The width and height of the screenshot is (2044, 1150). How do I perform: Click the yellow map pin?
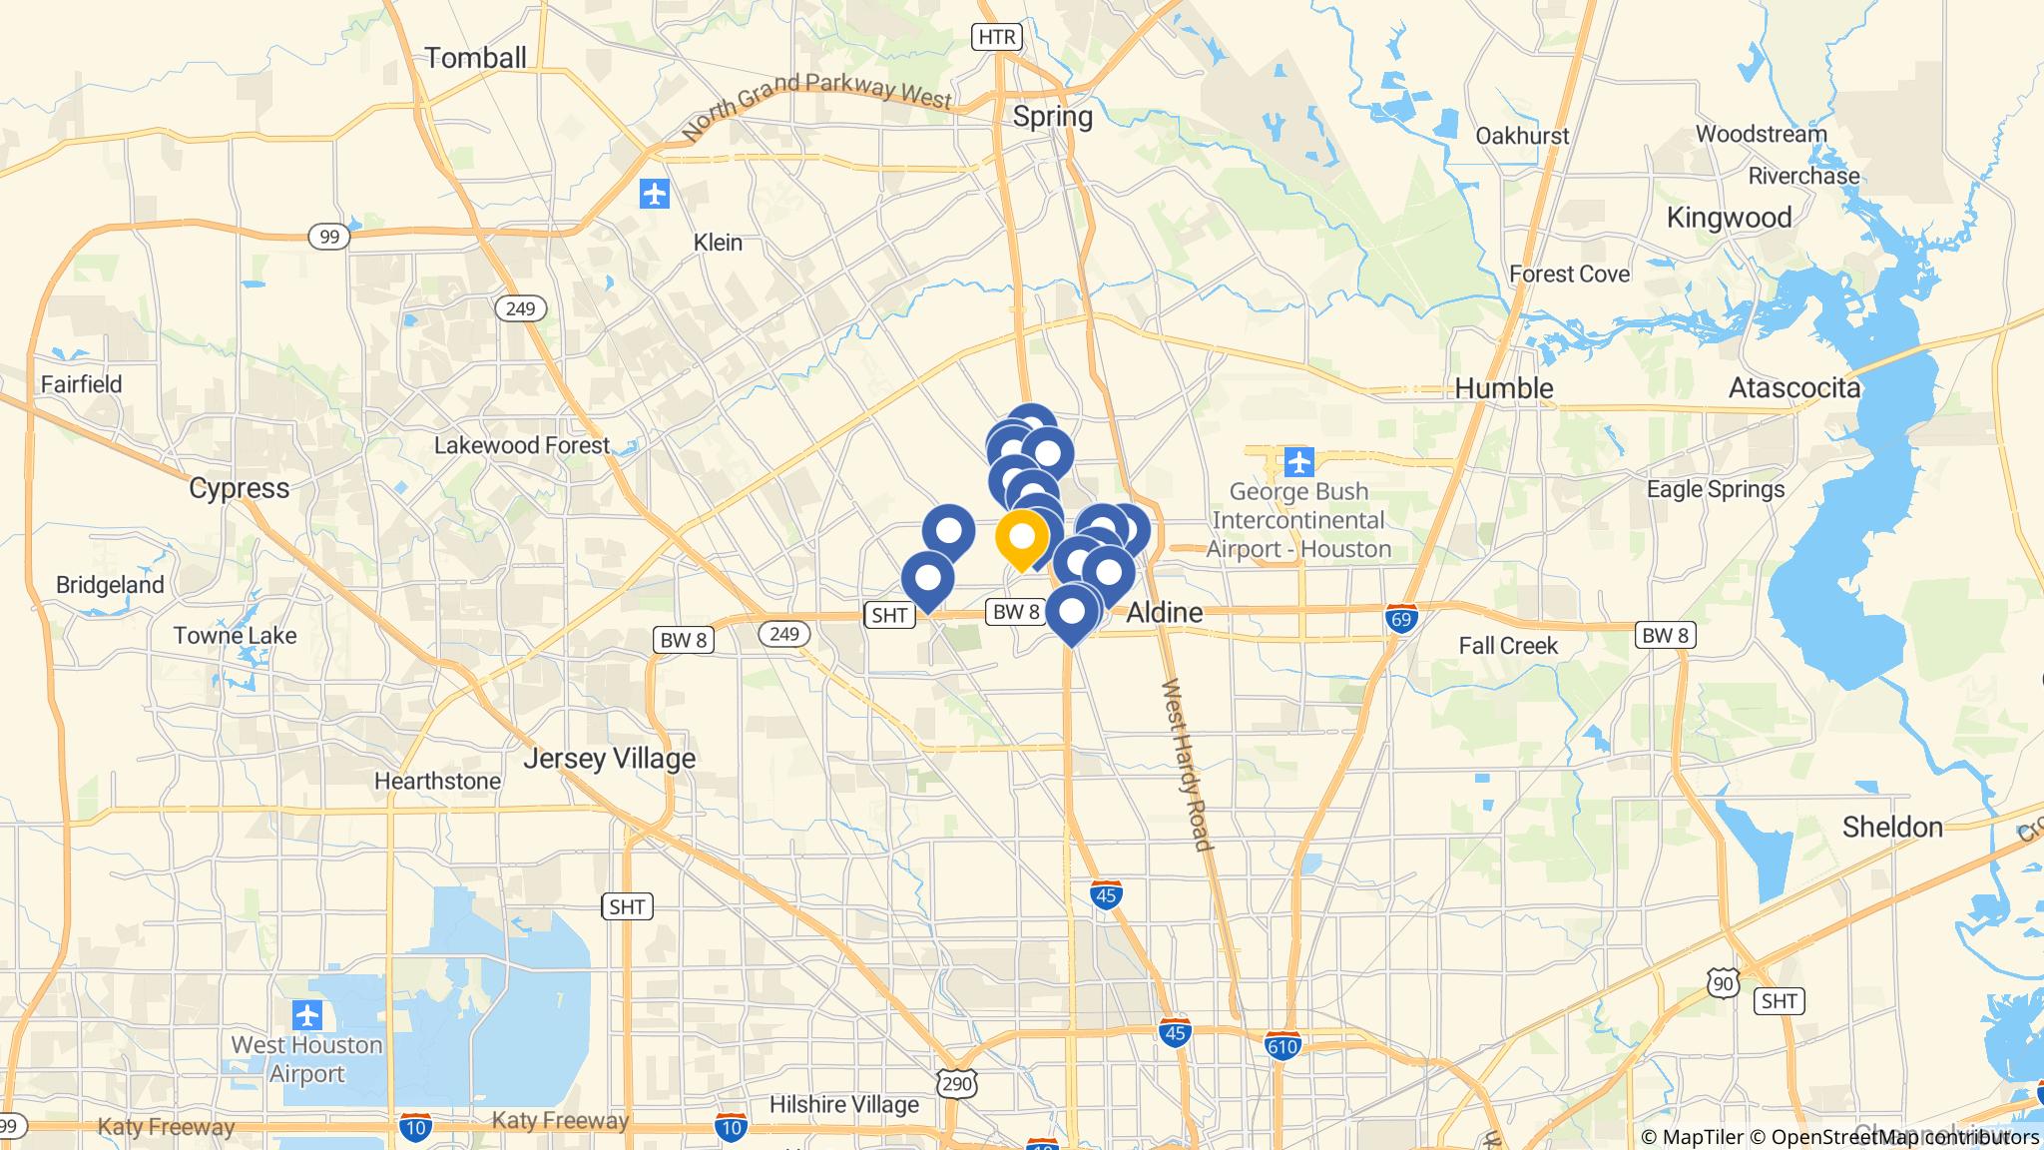pos(1021,539)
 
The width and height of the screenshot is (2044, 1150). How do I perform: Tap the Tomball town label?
pos(475,58)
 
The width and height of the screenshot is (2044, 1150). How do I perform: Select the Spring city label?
pos(1052,117)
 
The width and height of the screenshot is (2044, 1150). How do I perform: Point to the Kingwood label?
pos(1729,218)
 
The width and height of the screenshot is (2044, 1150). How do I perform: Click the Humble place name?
pos(1503,388)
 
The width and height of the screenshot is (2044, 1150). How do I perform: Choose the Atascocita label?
pos(1793,388)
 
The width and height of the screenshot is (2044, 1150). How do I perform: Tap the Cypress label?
pos(240,488)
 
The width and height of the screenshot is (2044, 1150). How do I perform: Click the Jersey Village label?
pos(609,759)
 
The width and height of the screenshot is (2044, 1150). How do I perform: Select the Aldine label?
pos(1164,613)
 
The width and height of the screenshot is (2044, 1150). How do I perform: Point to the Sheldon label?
pos(1892,827)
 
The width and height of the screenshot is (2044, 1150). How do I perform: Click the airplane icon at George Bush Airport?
pos(1298,462)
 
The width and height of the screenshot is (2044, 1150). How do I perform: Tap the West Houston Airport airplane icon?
pos(307,1016)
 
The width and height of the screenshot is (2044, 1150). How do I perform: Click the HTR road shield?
pos(996,38)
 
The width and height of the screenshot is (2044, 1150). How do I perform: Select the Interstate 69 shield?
pos(1402,618)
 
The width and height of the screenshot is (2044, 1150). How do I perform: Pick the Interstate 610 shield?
pos(1282,1045)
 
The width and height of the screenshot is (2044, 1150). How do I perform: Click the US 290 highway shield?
pos(956,1084)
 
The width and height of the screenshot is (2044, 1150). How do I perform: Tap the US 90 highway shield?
pos(1724,982)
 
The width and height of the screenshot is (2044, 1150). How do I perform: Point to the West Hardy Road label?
pos(1188,766)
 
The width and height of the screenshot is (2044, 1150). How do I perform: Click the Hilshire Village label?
pos(843,1105)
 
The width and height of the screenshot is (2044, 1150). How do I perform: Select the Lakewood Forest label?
pos(521,445)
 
